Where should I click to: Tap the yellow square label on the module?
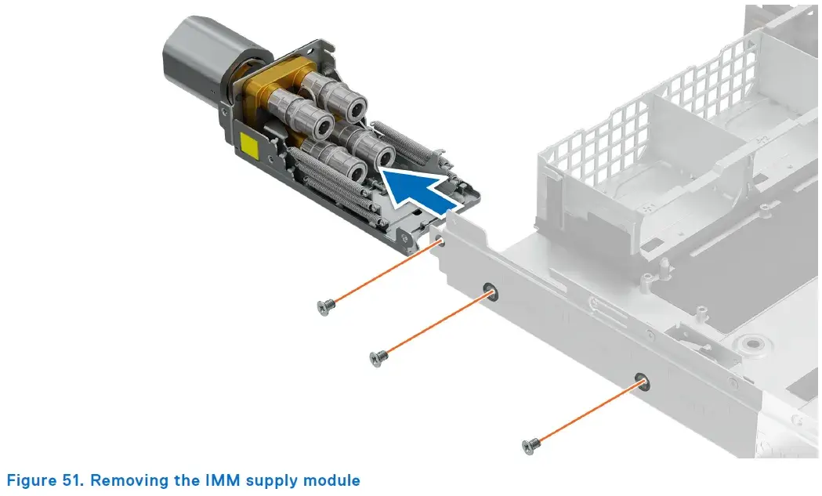(250, 144)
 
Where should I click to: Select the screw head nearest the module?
(325, 306)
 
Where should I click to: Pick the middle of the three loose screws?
(378, 358)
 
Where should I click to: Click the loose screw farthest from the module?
(531, 446)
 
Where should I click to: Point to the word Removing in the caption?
(132, 481)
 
